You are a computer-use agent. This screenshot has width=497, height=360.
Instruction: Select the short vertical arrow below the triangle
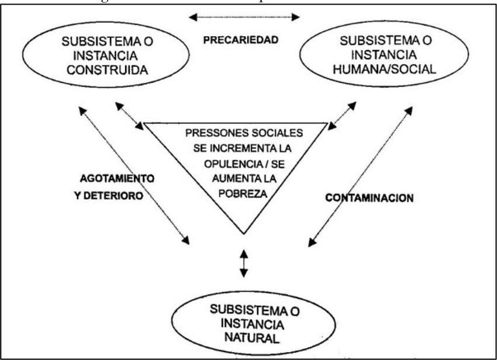coord(244,264)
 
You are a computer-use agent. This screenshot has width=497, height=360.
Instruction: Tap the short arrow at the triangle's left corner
coord(129,116)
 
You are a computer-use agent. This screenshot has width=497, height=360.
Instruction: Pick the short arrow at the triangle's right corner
coord(343,116)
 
